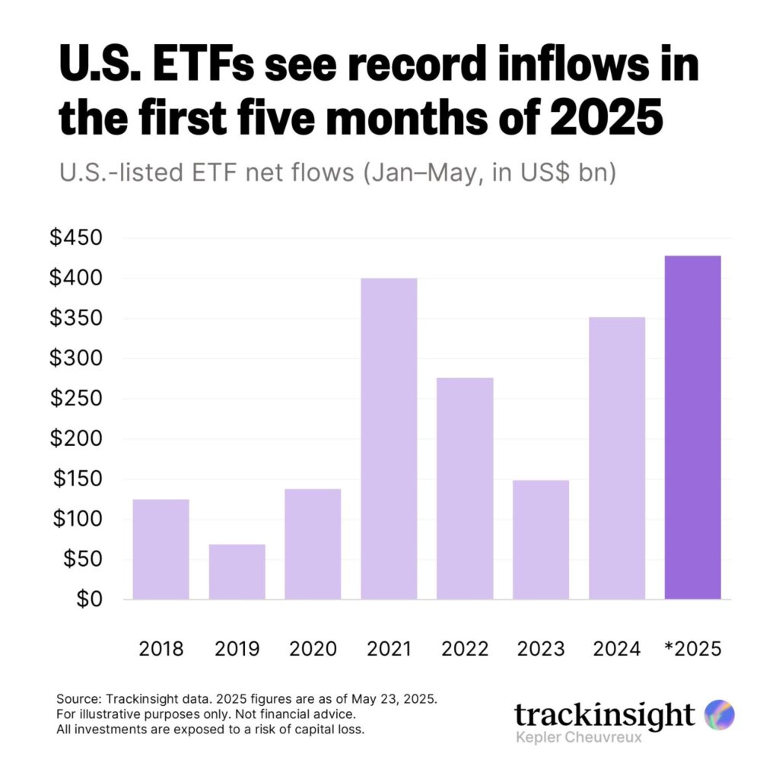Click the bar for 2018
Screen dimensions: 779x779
(161, 549)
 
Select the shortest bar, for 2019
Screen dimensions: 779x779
(237, 571)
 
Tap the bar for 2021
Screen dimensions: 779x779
(389, 439)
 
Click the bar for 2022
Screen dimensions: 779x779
(465, 488)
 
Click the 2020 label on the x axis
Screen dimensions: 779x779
(313, 649)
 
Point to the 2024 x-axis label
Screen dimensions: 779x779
(617, 649)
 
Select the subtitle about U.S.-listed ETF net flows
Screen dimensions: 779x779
(337, 173)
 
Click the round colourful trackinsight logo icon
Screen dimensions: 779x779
(719, 715)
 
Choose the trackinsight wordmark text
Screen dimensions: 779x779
(604, 715)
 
